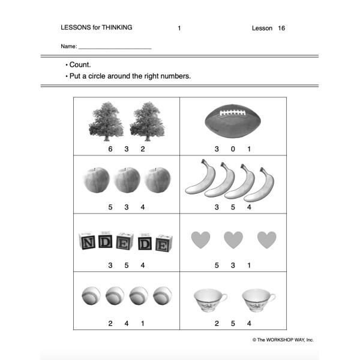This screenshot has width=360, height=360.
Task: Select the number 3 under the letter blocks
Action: pyautogui.click(x=110, y=265)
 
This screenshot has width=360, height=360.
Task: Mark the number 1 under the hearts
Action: pyautogui.click(x=248, y=265)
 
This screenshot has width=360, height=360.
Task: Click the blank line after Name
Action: pyautogui.click(x=115, y=47)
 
